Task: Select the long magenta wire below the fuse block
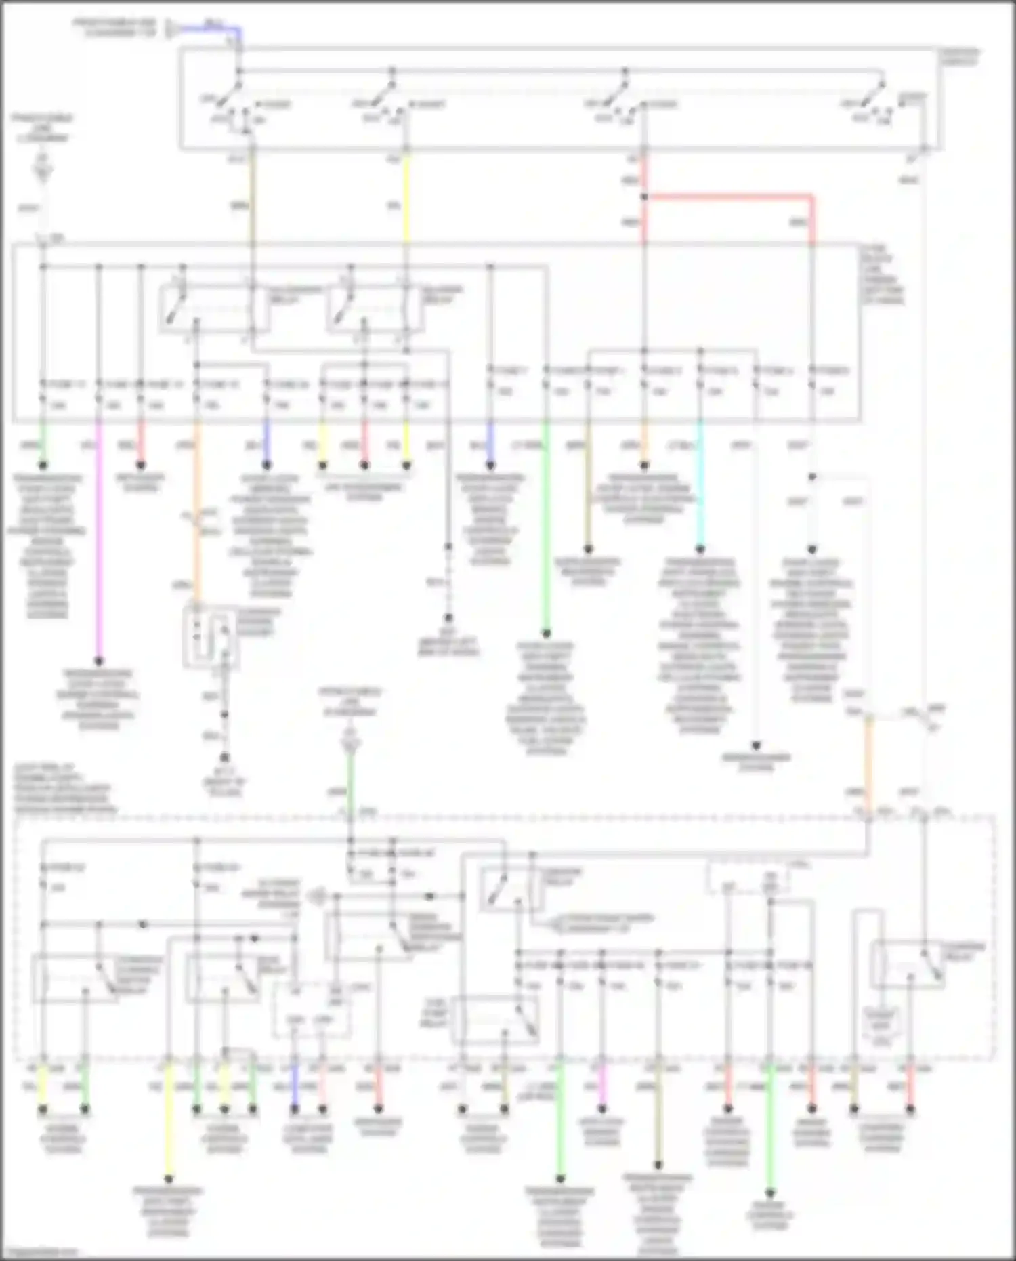pos(99,542)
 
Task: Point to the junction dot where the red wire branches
pos(644,197)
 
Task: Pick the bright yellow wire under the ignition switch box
pos(406,203)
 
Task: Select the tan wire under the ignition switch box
pos(252,203)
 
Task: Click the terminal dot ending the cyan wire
pos(700,549)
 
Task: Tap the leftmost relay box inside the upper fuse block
pos(213,308)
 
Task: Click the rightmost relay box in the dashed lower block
pos(908,966)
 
